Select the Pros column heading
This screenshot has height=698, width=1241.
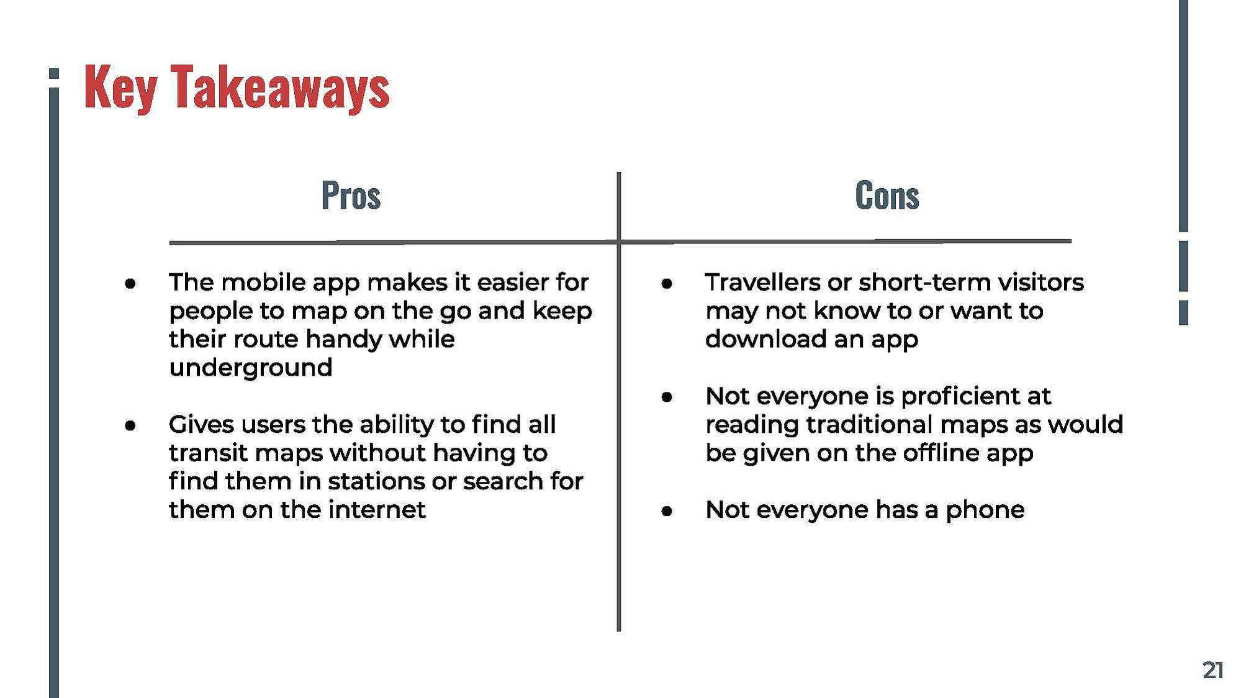click(x=351, y=195)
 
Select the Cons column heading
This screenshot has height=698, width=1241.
click(x=887, y=195)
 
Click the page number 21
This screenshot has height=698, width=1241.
click(x=1213, y=670)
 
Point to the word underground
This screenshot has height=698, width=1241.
click(x=251, y=368)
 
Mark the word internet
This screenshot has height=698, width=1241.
click(x=377, y=510)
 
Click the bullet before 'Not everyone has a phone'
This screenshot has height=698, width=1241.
click(x=667, y=511)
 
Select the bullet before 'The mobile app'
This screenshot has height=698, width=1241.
click(x=130, y=284)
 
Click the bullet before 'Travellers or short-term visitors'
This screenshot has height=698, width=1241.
click(x=667, y=284)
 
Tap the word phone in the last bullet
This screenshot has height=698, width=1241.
click(x=985, y=510)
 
